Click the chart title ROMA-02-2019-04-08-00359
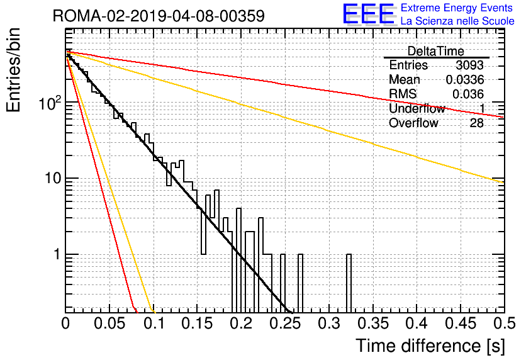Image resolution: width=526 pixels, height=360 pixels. (x=159, y=16)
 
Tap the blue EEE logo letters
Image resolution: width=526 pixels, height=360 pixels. (x=369, y=14)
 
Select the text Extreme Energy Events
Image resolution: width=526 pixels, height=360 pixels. (x=457, y=8)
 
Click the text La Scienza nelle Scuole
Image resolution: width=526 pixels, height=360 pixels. (x=457, y=21)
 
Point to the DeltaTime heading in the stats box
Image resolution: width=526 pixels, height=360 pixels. (x=436, y=51)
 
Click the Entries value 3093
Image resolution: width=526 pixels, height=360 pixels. (x=469, y=65)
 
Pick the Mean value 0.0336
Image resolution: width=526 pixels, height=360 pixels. (x=464, y=79)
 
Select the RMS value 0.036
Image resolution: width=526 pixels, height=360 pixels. (x=468, y=94)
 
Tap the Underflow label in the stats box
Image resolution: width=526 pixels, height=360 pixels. (x=417, y=108)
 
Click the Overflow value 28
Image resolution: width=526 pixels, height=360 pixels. (x=476, y=123)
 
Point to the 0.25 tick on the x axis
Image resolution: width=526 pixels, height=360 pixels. (x=286, y=323)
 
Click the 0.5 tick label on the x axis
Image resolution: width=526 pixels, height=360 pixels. (x=505, y=323)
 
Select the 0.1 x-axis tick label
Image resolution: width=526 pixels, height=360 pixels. (x=154, y=323)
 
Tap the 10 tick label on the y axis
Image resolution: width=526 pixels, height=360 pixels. (x=53, y=178)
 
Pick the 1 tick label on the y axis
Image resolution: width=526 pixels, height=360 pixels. (x=57, y=254)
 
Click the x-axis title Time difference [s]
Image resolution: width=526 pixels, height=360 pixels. (x=430, y=346)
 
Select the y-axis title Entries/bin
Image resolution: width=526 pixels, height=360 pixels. (x=13, y=70)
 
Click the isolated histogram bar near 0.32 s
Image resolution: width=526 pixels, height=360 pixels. (x=349, y=283)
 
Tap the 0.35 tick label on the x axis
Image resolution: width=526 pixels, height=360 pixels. (x=373, y=323)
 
